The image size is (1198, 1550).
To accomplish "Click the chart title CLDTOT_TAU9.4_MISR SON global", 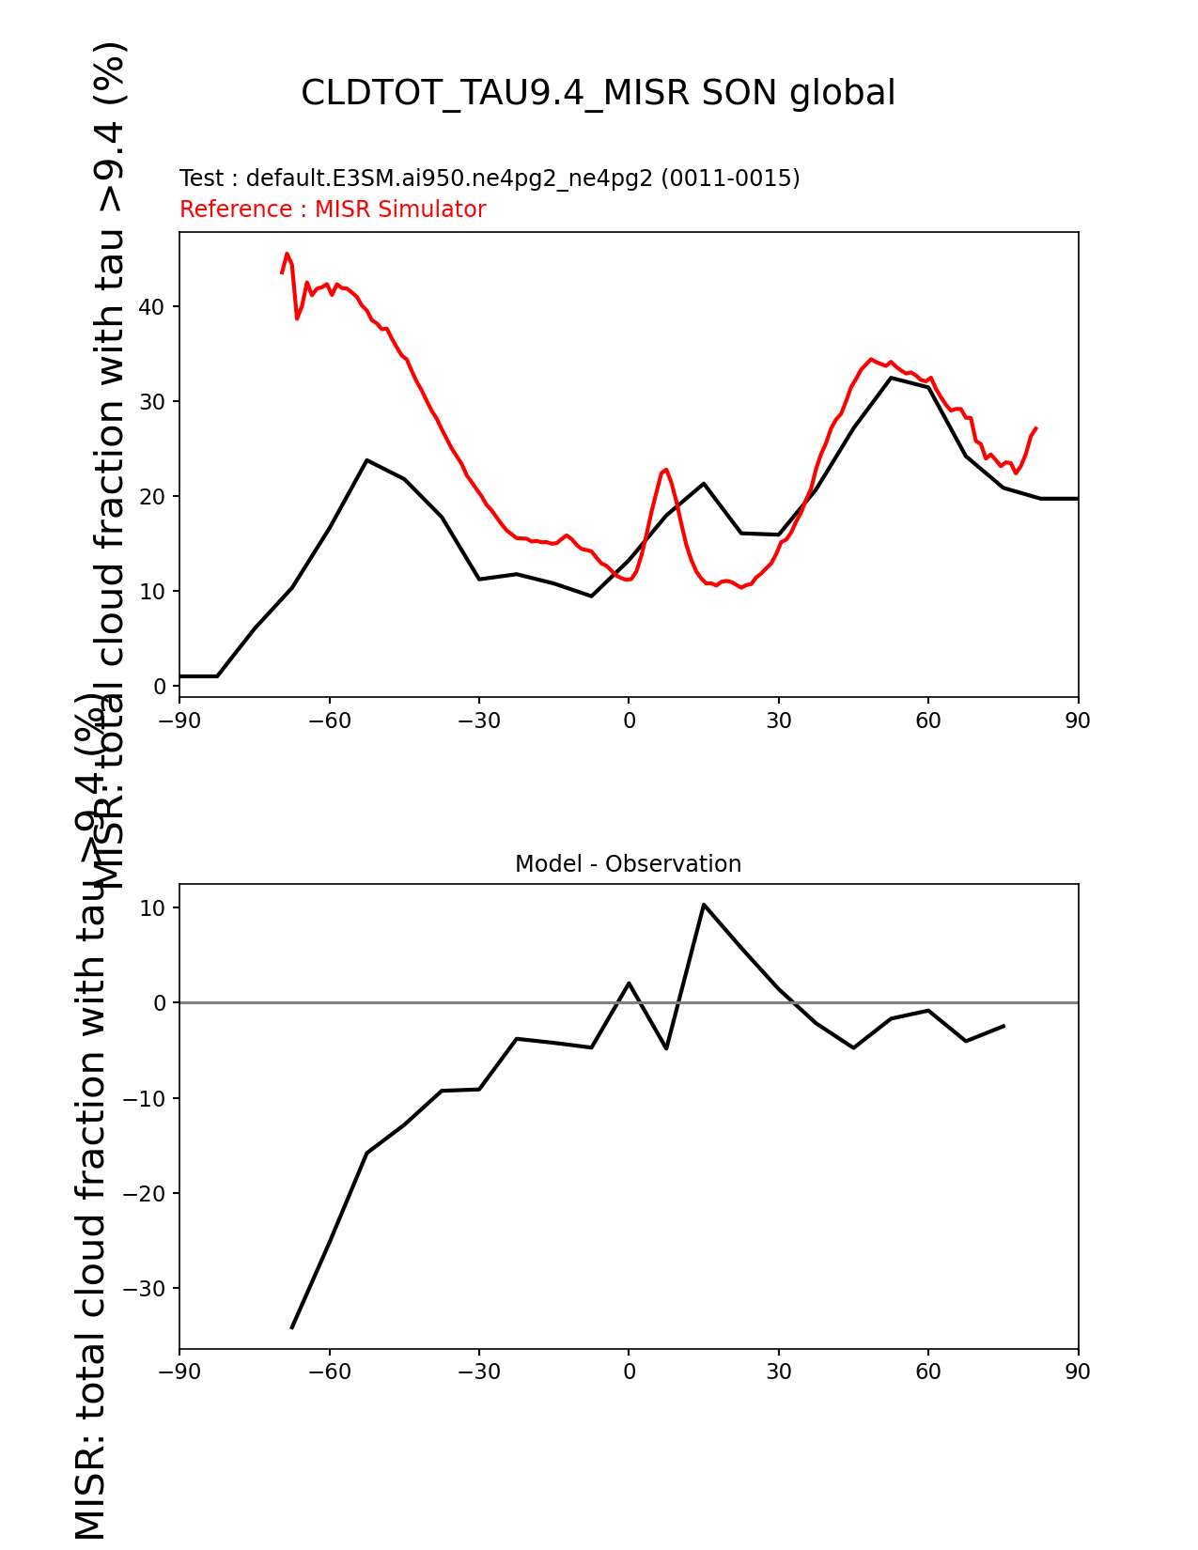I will tap(598, 93).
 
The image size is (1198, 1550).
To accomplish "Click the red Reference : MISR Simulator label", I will tap(333, 209).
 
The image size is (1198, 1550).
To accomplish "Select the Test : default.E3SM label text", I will tap(490, 178).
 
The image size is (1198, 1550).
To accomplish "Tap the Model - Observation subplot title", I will tap(628, 864).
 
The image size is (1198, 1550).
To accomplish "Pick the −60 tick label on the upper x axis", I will tap(329, 721).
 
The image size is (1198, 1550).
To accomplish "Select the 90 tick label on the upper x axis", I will tap(1078, 721).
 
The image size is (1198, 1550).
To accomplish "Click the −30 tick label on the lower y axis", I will tap(145, 1289).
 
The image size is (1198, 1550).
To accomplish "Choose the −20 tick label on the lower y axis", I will tap(145, 1194).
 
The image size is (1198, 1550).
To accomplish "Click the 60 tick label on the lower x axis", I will tap(928, 1372).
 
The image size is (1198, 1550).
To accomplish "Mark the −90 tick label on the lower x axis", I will tap(179, 1372).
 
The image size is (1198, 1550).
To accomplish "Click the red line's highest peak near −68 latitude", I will tap(287, 254).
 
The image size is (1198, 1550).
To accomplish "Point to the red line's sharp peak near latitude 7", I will tap(665, 469).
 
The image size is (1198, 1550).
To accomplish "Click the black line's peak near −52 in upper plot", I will tap(366, 460).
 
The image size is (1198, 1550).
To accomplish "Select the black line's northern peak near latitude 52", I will tap(891, 378).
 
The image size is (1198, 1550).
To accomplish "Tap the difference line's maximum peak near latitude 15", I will tap(703, 905).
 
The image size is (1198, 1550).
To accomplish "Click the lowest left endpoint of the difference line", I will tap(291, 1328).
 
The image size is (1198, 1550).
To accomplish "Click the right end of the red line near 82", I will tap(1035, 428).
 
